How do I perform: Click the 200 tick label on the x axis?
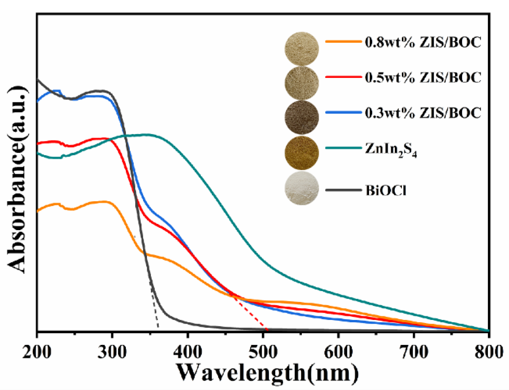pyautogui.click(x=37, y=352)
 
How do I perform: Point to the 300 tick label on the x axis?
pyautogui.click(x=112, y=352)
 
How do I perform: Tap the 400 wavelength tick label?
pyautogui.click(x=187, y=352)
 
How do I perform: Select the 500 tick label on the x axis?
pyautogui.click(x=263, y=352)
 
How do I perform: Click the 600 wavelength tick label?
pyautogui.click(x=338, y=352)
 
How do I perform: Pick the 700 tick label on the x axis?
pyautogui.click(x=414, y=352)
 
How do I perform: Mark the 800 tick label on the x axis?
pyautogui.click(x=489, y=352)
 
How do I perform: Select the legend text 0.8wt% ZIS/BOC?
pyautogui.click(x=423, y=42)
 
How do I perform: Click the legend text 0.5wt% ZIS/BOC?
pyautogui.click(x=423, y=77)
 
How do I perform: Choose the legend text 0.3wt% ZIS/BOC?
pyautogui.click(x=423, y=113)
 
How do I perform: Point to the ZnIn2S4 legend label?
pyautogui.click(x=391, y=149)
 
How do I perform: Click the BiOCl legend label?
pyautogui.click(x=386, y=190)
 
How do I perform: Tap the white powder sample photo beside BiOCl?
pyautogui.click(x=302, y=188)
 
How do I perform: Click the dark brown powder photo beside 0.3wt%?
pyautogui.click(x=302, y=117)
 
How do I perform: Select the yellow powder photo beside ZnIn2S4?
pyautogui.click(x=302, y=153)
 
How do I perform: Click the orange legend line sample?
pyautogui.click(x=343, y=41)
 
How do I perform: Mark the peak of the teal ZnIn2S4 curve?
pyautogui.click(x=146, y=134)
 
